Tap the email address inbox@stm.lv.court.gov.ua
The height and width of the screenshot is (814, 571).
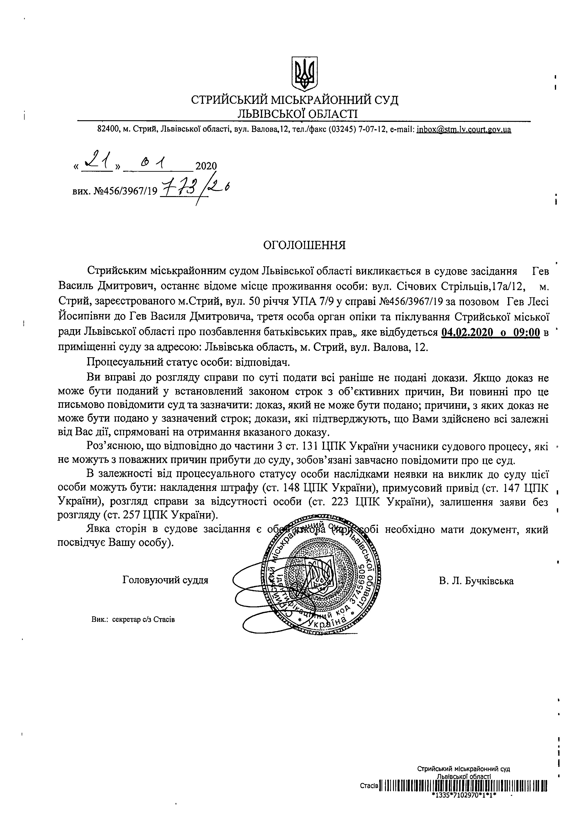tap(464, 130)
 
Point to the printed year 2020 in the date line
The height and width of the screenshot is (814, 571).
tap(206, 166)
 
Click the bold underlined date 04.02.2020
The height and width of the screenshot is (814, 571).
tap(467, 333)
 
